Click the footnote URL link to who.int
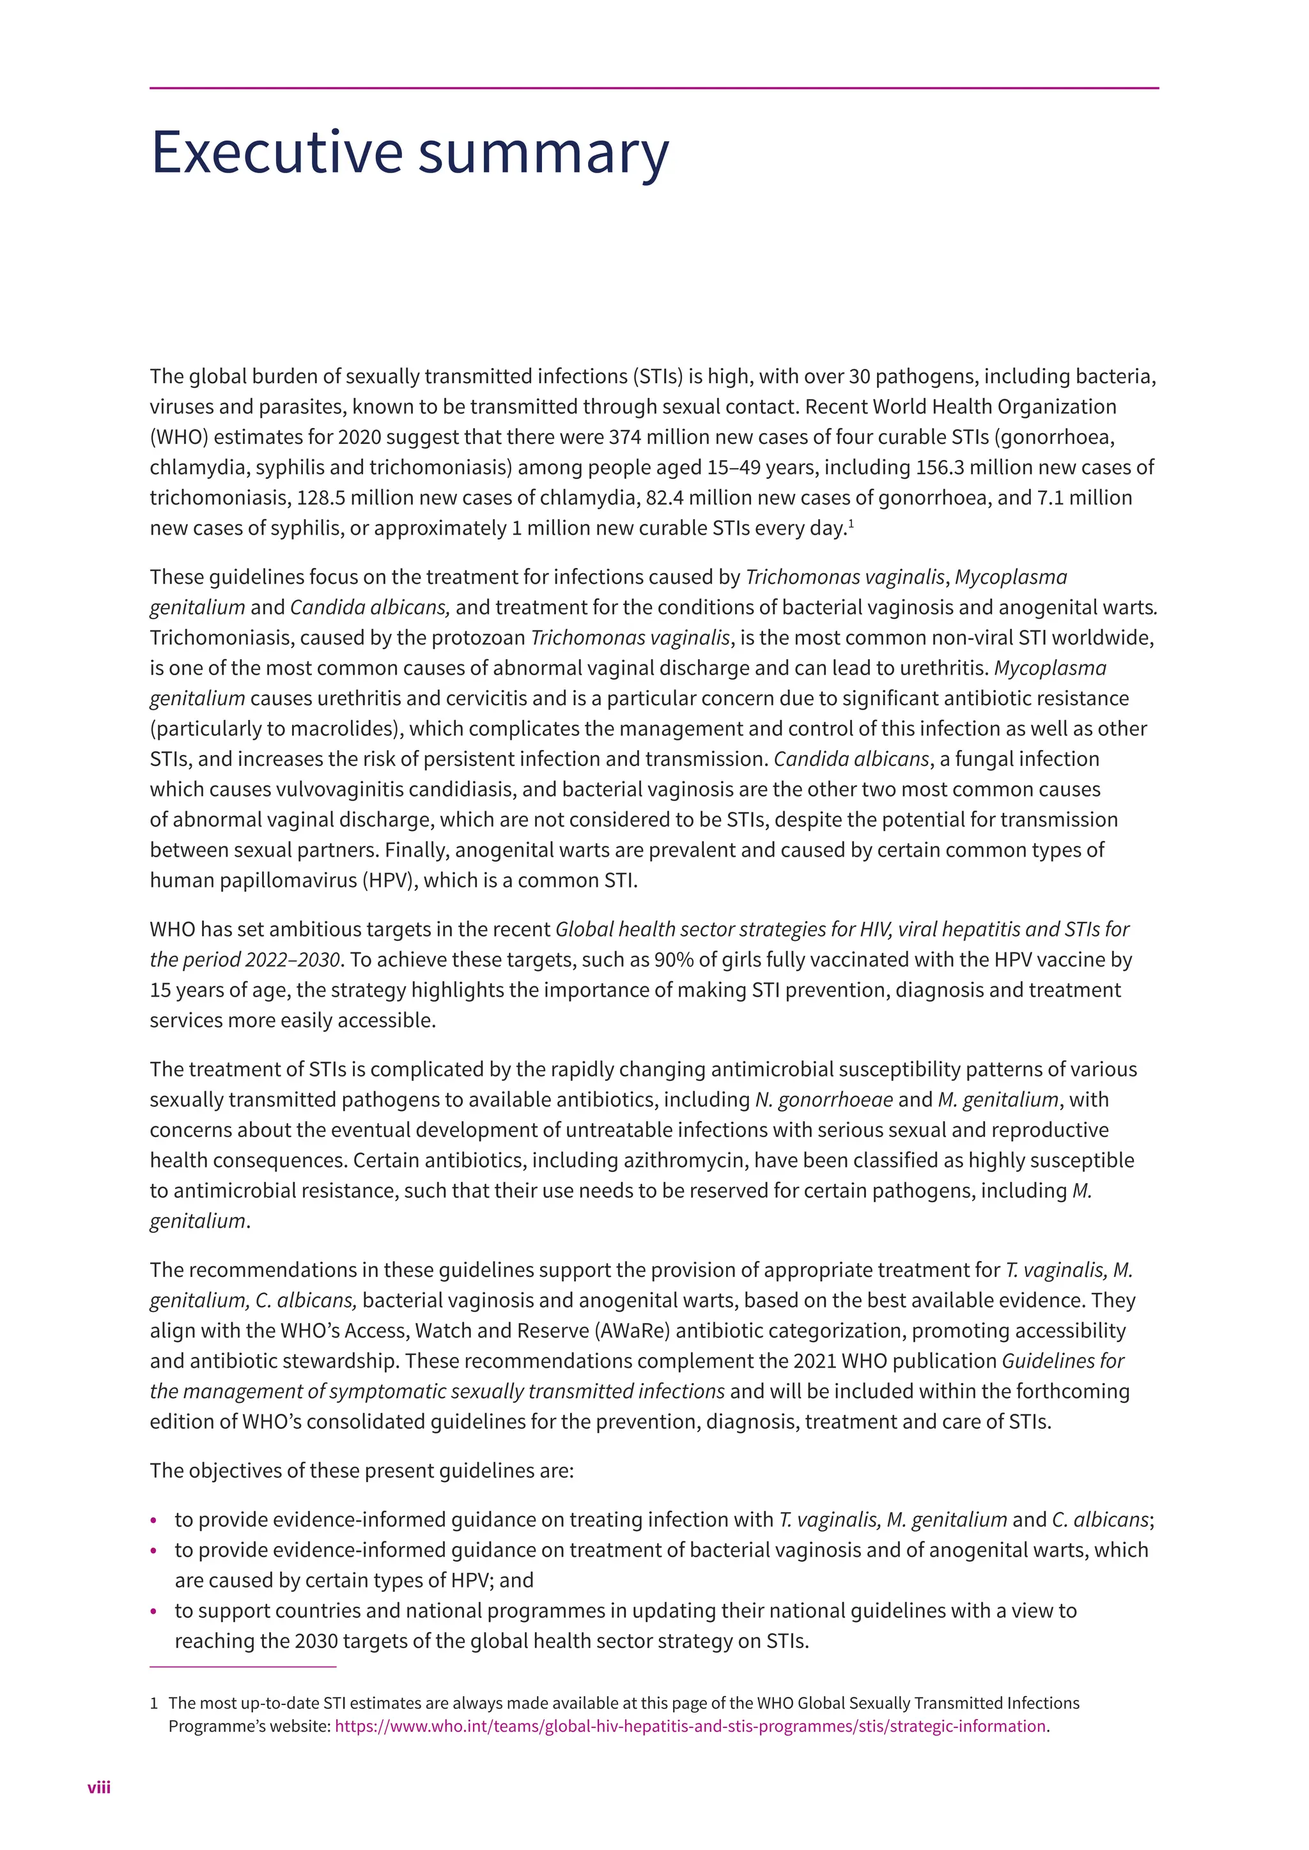pos(689,1726)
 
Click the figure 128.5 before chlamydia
pos(321,498)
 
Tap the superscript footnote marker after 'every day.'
pos(851,524)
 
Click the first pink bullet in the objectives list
pos(154,1521)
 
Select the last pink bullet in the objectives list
pos(154,1612)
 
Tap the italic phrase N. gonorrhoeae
pos(823,1100)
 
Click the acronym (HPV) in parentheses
pos(391,881)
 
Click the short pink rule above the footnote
pos(243,1666)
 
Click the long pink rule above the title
pos(654,88)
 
